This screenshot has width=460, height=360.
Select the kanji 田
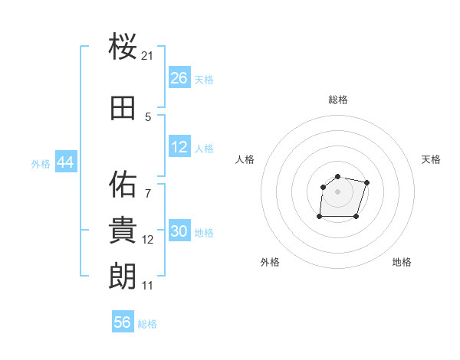pyautogui.click(x=123, y=108)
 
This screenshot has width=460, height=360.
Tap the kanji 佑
pyautogui.click(x=123, y=184)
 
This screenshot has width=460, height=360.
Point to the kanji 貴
pyautogui.click(x=123, y=230)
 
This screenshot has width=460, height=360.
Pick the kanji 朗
pyautogui.click(x=123, y=276)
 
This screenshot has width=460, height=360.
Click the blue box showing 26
pyautogui.click(x=179, y=78)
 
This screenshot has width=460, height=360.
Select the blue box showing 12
pyautogui.click(x=179, y=148)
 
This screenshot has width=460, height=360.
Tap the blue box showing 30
pyautogui.click(x=179, y=232)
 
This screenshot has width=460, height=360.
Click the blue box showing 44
pyautogui.click(x=66, y=163)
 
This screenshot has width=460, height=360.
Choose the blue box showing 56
pyautogui.click(x=123, y=322)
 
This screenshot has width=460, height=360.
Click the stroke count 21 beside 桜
pyautogui.click(x=148, y=56)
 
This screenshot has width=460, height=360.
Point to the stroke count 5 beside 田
pyautogui.click(x=148, y=117)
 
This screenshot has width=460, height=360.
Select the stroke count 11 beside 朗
pyautogui.click(x=148, y=286)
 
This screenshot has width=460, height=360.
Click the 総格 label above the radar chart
pyautogui.click(x=338, y=100)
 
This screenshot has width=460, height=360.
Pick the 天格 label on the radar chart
pyautogui.click(x=432, y=159)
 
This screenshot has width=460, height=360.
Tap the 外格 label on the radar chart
pyautogui.click(x=270, y=262)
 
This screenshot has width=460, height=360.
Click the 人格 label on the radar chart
pyautogui.click(x=245, y=159)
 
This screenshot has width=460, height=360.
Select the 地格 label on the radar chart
pyautogui.click(x=402, y=262)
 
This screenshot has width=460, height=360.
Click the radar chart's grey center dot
pyautogui.click(x=338, y=191)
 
